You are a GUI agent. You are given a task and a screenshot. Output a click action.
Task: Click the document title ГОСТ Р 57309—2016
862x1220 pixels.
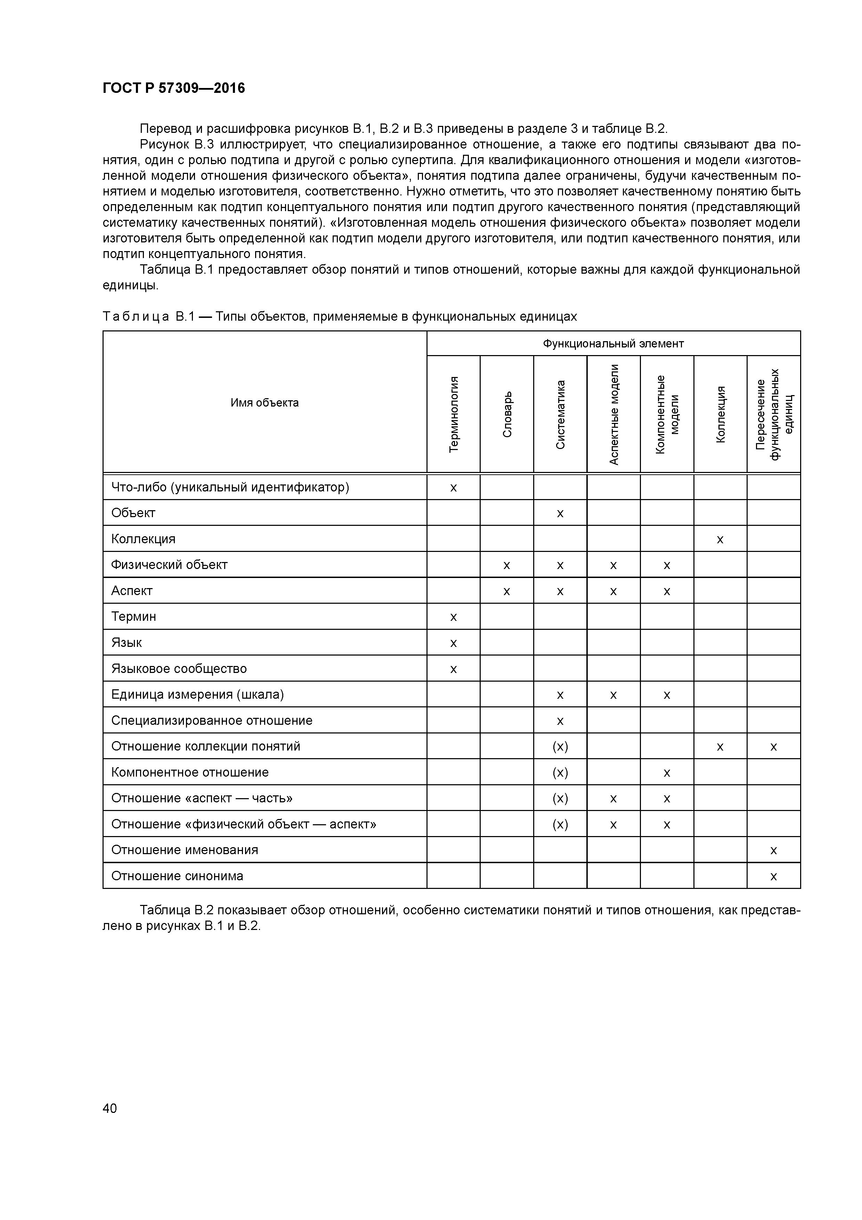click(174, 88)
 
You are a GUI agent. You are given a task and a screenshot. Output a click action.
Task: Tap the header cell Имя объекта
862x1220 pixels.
click(265, 403)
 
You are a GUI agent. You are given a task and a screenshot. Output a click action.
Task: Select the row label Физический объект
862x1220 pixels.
click(169, 565)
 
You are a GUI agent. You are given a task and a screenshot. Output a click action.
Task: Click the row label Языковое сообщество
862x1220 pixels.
click(179, 668)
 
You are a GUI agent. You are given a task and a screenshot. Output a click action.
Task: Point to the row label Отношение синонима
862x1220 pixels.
click(177, 876)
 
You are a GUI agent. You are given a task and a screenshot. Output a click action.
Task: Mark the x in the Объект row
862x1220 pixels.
click(560, 513)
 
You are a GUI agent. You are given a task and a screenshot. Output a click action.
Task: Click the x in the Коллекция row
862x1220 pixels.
click(720, 539)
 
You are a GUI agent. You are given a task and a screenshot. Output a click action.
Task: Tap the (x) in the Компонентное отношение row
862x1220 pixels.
click(560, 773)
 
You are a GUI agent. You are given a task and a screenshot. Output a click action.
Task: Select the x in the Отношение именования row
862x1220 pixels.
click(773, 850)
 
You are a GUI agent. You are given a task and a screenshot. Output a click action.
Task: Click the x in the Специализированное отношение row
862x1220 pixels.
click(560, 721)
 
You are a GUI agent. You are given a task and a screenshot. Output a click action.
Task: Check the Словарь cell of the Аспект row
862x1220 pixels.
click(507, 591)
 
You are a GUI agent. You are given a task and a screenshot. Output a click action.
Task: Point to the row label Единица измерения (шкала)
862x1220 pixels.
click(197, 695)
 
